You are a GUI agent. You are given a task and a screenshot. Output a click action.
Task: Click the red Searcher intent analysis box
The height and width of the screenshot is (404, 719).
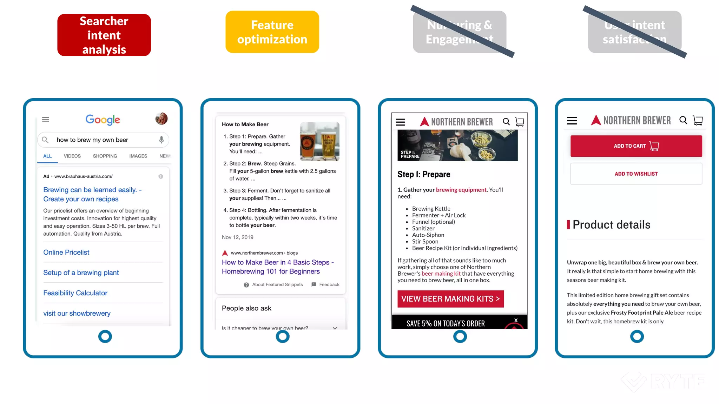coord(104,35)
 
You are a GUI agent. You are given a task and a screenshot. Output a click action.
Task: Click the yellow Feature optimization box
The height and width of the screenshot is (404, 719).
coord(272,32)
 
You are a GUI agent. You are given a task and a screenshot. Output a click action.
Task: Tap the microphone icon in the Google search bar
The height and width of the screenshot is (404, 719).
coord(161,140)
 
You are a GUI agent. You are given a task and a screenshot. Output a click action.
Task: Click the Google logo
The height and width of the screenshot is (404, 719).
coord(103,120)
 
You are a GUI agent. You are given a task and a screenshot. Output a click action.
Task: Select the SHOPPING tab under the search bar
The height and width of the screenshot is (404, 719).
coord(105,156)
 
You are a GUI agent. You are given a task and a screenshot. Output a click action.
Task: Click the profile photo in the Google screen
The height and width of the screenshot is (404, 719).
coord(161,119)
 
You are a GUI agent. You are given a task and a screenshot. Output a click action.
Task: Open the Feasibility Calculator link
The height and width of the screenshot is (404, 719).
coord(75,293)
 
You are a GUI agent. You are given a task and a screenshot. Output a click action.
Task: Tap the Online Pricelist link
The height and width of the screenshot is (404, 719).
coord(66,252)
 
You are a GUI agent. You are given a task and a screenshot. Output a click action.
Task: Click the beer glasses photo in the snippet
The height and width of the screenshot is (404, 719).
coord(319,141)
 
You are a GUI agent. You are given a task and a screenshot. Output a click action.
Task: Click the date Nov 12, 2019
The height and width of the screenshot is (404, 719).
coord(237,237)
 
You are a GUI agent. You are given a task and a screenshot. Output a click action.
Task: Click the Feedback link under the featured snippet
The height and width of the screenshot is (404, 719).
coord(329,284)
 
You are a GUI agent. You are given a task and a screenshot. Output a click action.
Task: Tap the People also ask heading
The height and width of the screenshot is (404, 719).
coord(246,308)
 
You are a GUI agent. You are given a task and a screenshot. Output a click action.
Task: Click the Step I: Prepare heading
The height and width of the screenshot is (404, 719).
coord(423,174)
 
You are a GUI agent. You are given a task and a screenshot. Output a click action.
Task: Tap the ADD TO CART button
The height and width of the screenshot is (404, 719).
coord(636,146)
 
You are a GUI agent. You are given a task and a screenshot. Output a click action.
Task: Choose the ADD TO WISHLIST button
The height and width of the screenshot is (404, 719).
coord(636,174)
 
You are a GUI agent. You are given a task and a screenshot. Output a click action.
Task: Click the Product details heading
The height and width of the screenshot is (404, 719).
coord(611,224)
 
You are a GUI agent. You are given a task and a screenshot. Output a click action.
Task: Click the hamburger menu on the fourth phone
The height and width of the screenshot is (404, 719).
coord(572,121)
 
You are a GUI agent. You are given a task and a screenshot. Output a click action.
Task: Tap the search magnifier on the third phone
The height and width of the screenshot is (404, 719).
coord(506,122)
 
